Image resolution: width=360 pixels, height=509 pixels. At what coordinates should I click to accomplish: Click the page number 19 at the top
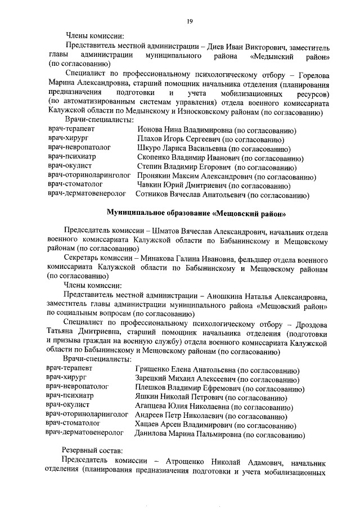[x=190, y=21]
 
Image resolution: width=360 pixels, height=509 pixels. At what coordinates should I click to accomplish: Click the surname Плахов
[x=150, y=140]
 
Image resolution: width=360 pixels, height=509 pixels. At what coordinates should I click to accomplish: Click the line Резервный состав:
[x=89, y=451]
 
